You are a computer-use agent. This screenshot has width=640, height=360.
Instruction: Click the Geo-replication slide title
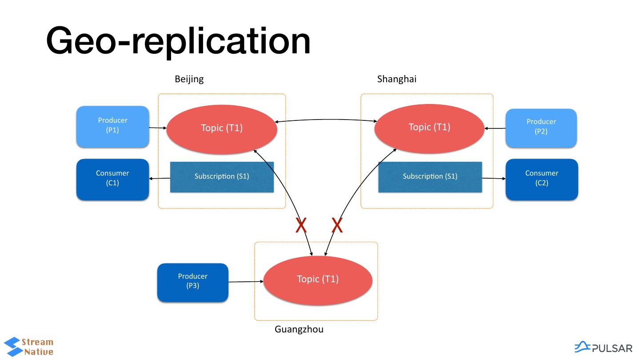178,41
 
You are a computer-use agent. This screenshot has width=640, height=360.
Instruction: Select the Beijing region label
189,79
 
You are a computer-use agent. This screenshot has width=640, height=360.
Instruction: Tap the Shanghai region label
396,79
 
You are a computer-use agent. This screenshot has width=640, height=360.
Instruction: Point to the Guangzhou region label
299,329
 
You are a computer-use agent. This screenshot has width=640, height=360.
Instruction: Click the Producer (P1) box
112,126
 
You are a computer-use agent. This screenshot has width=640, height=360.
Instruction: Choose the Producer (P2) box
541,128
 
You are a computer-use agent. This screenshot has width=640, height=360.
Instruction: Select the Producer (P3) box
192,282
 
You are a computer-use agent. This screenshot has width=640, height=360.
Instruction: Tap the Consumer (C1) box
112,179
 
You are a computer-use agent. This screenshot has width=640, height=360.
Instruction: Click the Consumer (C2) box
541,179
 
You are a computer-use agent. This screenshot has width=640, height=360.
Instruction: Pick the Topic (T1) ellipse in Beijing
221,128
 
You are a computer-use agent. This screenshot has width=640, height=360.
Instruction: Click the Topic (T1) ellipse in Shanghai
429,128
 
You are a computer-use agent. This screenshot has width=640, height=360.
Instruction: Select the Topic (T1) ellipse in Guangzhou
317,280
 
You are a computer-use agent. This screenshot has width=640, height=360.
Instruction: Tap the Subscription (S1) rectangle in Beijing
221,176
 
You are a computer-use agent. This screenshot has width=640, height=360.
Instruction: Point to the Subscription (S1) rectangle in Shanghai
430,176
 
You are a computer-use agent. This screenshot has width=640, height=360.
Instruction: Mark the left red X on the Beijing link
301,226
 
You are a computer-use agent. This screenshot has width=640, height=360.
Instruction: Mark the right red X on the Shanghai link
337,226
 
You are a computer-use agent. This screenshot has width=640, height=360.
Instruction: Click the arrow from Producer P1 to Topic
157,128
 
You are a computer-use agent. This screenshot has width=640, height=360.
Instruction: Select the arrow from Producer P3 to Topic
246,282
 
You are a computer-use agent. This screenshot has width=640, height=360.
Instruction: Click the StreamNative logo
28,347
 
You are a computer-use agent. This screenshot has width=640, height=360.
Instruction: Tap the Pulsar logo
603,348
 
